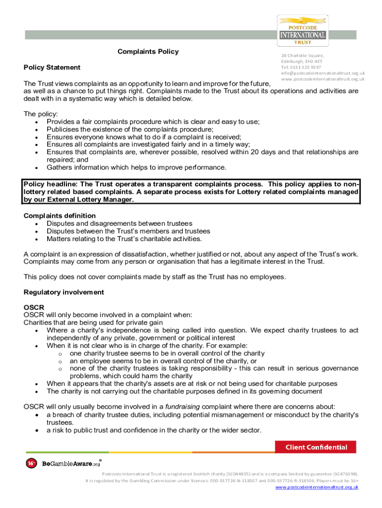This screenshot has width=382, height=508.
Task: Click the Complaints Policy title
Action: coord(148,52)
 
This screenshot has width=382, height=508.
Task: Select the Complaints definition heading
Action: coord(60,216)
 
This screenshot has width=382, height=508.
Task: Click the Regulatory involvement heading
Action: coord(64,292)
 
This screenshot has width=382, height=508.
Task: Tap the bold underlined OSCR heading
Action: coord(33,308)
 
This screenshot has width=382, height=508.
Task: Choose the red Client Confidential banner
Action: coord(316,447)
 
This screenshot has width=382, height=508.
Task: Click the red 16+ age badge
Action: coord(31,463)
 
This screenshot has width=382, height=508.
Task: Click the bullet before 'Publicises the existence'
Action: coord(38,129)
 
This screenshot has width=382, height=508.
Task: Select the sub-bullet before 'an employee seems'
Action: coord(60,361)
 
